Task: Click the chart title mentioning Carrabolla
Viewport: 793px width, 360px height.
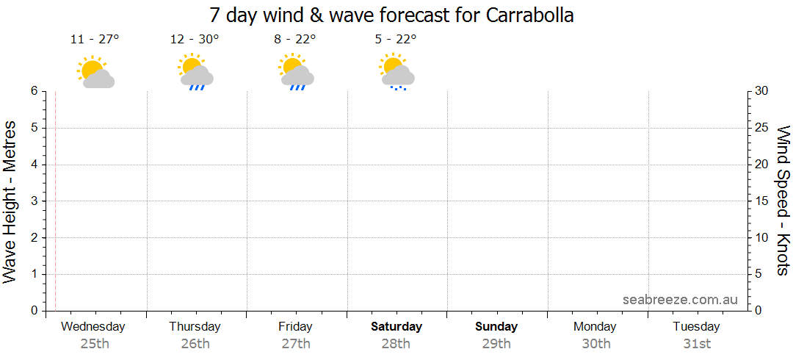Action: coord(391,15)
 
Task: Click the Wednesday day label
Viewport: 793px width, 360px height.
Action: coord(93,326)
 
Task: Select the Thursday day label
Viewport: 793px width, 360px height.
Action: coord(195,326)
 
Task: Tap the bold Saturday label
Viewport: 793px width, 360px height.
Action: coord(396,326)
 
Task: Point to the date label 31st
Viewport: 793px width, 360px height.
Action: coord(696,343)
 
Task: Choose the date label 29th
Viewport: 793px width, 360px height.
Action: coord(496,343)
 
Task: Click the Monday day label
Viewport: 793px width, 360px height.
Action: coord(595,326)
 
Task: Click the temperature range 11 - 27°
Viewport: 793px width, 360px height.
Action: coord(94,40)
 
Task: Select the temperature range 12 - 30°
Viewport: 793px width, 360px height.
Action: coord(195,40)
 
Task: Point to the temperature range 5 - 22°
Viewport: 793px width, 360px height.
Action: coord(395,40)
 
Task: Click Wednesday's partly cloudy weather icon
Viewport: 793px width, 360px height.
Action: coord(95,73)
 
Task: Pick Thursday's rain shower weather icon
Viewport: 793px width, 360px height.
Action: coord(195,72)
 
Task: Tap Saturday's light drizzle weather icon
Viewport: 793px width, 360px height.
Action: coord(396,72)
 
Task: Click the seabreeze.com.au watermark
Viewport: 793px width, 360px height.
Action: coord(680,300)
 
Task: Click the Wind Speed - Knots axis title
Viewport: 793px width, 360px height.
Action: coord(783,200)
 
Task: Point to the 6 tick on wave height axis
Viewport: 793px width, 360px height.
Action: coord(34,91)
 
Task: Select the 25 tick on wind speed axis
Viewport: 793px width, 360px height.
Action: coord(763,128)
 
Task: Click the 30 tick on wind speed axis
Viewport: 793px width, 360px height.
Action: coord(763,91)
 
